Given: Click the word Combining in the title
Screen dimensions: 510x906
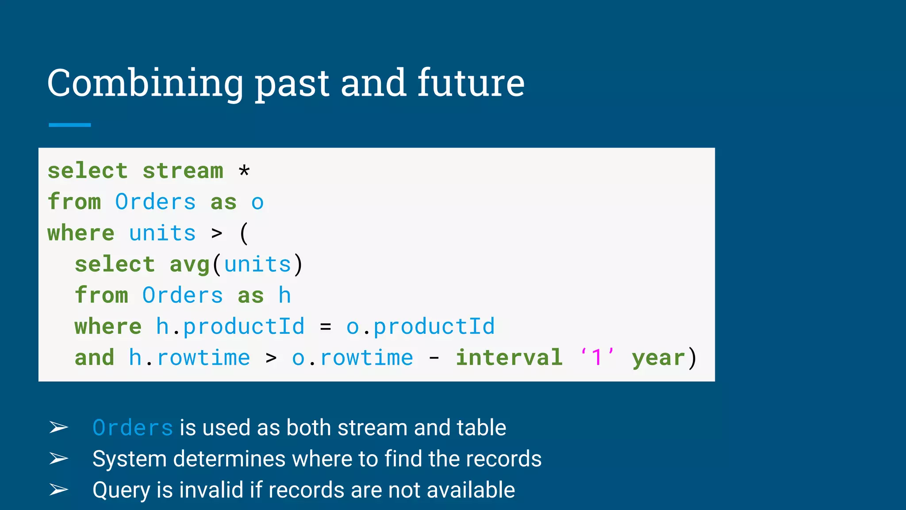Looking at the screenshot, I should point(145,83).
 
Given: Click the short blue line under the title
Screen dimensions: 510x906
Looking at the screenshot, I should point(69,125).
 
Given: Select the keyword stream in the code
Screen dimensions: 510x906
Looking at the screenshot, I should point(183,171).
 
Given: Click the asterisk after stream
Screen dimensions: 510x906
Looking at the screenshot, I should point(244,171).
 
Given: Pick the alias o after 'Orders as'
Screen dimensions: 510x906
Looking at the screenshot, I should point(257,203).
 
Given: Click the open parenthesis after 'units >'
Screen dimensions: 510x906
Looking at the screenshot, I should point(244,233).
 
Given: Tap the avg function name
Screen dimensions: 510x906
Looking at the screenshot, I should point(189,265).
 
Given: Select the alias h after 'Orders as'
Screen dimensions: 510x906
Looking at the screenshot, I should point(284,295).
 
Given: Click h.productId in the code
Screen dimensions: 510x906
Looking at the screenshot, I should point(230,327).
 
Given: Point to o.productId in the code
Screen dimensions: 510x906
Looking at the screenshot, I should point(420,327).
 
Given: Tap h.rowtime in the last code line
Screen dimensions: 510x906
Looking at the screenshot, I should point(189,358).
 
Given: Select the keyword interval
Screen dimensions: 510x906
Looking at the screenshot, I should point(509,358).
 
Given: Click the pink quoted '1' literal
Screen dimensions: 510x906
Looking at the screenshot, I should point(597,357).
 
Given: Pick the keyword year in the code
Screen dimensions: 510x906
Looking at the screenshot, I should point(658,358).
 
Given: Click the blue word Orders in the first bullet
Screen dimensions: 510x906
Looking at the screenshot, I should point(133,428).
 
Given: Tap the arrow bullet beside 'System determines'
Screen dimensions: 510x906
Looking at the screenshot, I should point(58,459).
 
